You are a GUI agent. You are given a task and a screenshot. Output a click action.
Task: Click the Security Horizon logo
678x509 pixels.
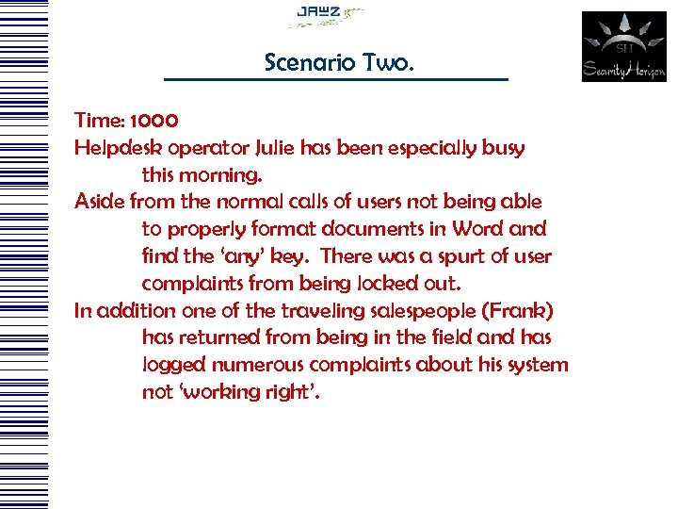click(623, 47)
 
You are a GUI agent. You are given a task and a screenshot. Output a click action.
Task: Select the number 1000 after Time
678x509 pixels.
click(152, 121)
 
